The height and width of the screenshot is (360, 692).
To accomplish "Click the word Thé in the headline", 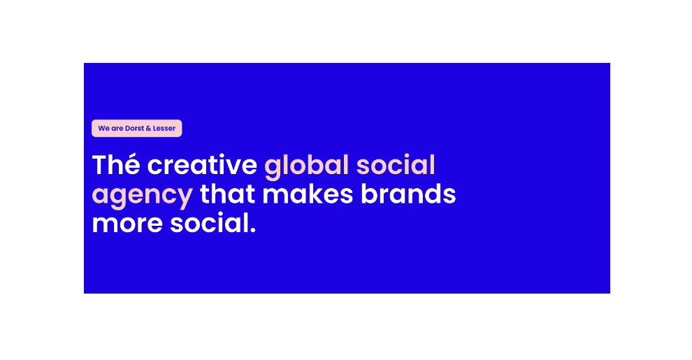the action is pos(116,164).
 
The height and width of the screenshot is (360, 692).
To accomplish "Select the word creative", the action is pos(202,164).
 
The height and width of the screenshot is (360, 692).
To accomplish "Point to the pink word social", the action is pos(396,164).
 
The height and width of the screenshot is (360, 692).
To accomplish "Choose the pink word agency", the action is pos(142,196).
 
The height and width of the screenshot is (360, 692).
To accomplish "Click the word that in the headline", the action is pos(228,194).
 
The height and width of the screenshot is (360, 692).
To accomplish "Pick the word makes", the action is pos(308,194).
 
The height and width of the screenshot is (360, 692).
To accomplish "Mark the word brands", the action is pos(408,194).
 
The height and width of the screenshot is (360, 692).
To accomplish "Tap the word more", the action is pos(127,224).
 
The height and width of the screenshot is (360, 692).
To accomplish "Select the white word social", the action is pos(210,222).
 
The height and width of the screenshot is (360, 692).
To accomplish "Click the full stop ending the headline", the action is pos(253,230).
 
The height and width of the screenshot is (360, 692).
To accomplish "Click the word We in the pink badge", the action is pos(103,129).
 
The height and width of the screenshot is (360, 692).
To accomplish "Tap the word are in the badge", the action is pos(117,129).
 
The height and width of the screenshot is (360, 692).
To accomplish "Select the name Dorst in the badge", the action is pos(135,129).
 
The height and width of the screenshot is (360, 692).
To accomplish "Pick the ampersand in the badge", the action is pos(148,129).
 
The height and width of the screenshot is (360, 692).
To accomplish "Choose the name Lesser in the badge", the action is pos(164,129).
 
